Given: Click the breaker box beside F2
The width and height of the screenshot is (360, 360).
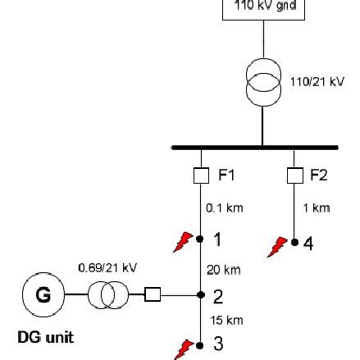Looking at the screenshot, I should click(294, 154).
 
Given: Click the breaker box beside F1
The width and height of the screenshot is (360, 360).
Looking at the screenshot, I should click(199, 154).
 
